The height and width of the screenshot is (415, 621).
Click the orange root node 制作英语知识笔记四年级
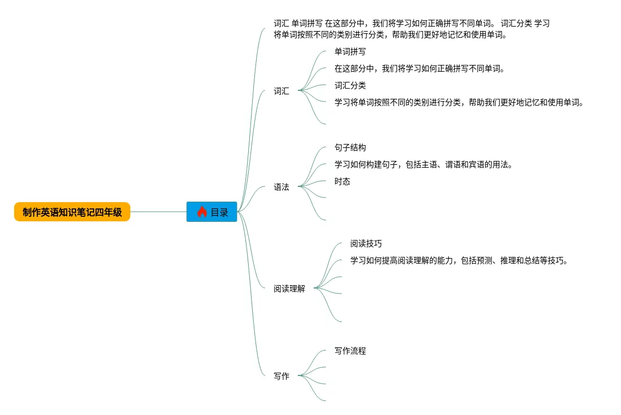(x=72, y=212)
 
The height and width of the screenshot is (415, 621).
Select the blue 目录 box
(x=212, y=212)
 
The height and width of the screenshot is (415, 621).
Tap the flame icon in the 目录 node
(x=202, y=212)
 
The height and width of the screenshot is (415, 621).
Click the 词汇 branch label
(x=281, y=91)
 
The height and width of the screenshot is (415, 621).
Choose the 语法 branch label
(x=281, y=187)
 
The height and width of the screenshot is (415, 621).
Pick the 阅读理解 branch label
(x=289, y=289)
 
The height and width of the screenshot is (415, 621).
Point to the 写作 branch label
(x=281, y=376)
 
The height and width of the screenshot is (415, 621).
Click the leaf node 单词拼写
(x=350, y=51)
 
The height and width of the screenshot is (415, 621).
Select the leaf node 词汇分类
(x=350, y=85)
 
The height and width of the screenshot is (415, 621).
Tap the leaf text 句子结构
(x=350, y=147)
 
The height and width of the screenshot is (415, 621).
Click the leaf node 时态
(x=342, y=181)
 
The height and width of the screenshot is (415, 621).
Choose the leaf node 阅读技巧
(x=365, y=243)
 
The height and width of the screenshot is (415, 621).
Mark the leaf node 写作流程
(x=350, y=351)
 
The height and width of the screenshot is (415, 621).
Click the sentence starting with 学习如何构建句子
(x=423, y=164)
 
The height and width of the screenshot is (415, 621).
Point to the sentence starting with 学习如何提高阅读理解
(x=458, y=260)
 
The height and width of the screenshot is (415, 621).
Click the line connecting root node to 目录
(x=158, y=212)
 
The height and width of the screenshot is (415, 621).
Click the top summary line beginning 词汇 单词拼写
(x=411, y=23)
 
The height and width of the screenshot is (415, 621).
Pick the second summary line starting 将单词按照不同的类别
(x=390, y=34)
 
